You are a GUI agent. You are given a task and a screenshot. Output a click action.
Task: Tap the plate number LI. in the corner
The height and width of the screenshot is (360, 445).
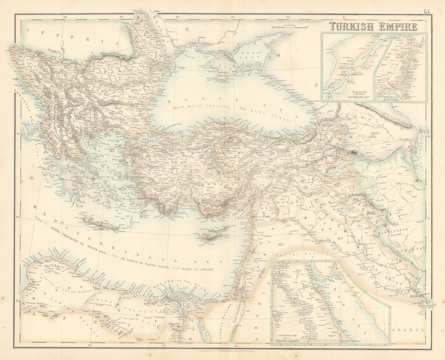pos(427,12)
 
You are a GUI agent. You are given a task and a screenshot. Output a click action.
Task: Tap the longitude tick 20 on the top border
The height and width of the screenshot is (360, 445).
pos(65,17)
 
